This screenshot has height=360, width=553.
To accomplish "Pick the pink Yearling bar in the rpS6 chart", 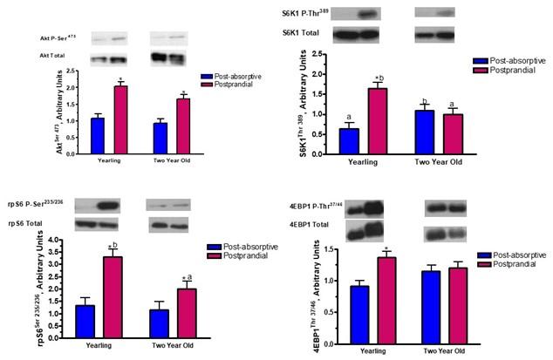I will pyautogui.click(x=113, y=297).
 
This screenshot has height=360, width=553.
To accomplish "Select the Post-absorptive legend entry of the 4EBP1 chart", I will pyautogui.click(x=506, y=251).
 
